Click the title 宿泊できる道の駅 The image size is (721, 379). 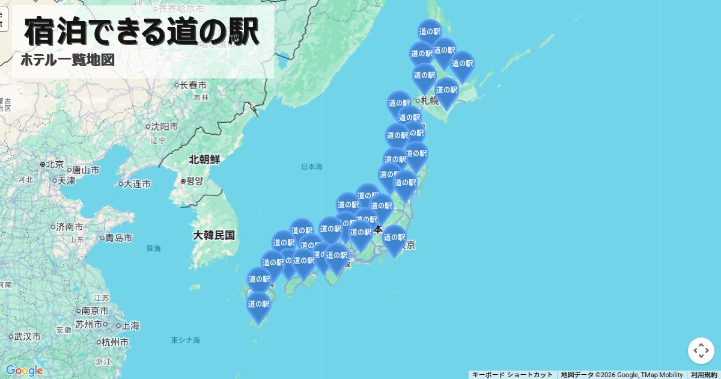tap(142, 31)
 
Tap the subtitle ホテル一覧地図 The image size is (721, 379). tap(67, 60)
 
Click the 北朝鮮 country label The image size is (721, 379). tap(204, 160)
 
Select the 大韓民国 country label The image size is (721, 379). tap(214, 235)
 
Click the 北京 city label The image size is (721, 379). tap(55, 164)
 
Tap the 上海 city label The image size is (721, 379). tap(130, 326)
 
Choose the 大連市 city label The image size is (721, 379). tap(137, 184)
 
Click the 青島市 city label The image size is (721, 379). tap(118, 238)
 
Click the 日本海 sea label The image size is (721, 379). tap(311, 167)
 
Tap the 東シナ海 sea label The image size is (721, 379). tap(186, 340)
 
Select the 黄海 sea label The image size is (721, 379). tap(153, 248)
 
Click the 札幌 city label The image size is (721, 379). tap(429, 100)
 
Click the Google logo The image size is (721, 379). tap(24, 371)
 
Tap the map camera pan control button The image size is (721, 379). tap(701, 351)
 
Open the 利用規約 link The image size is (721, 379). tap(704, 375)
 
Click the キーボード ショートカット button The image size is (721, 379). tap(512, 375)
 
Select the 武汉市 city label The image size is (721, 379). tap(28, 337)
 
